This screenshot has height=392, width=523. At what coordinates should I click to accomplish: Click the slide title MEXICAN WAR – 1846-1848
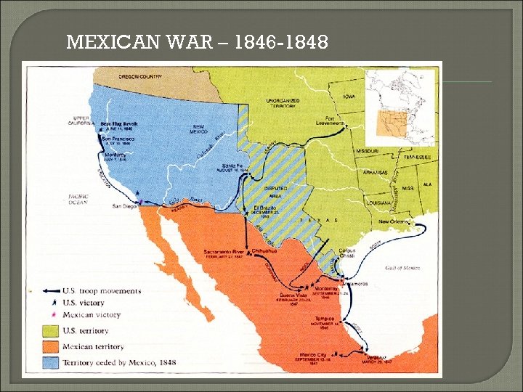(x=197, y=43)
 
